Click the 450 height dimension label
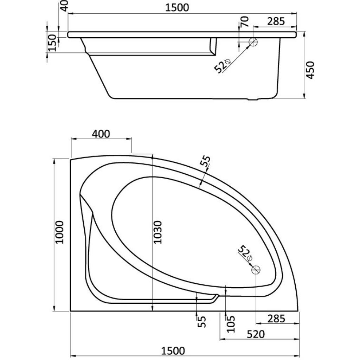point(310,70)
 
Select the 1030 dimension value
point(158,232)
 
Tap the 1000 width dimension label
point(59,232)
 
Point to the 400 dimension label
point(101,134)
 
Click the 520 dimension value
point(256,334)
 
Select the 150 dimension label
point(52,43)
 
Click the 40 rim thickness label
point(65,6)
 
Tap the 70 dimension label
point(245,21)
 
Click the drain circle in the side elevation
point(253,42)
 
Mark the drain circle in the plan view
point(256,270)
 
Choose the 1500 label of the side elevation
point(177,8)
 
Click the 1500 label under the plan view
point(173,351)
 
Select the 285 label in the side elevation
point(276,21)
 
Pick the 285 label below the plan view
point(276,319)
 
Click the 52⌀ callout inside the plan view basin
point(245,253)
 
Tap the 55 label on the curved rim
point(205,161)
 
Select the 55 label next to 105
point(201,322)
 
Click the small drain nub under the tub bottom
point(254,99)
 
